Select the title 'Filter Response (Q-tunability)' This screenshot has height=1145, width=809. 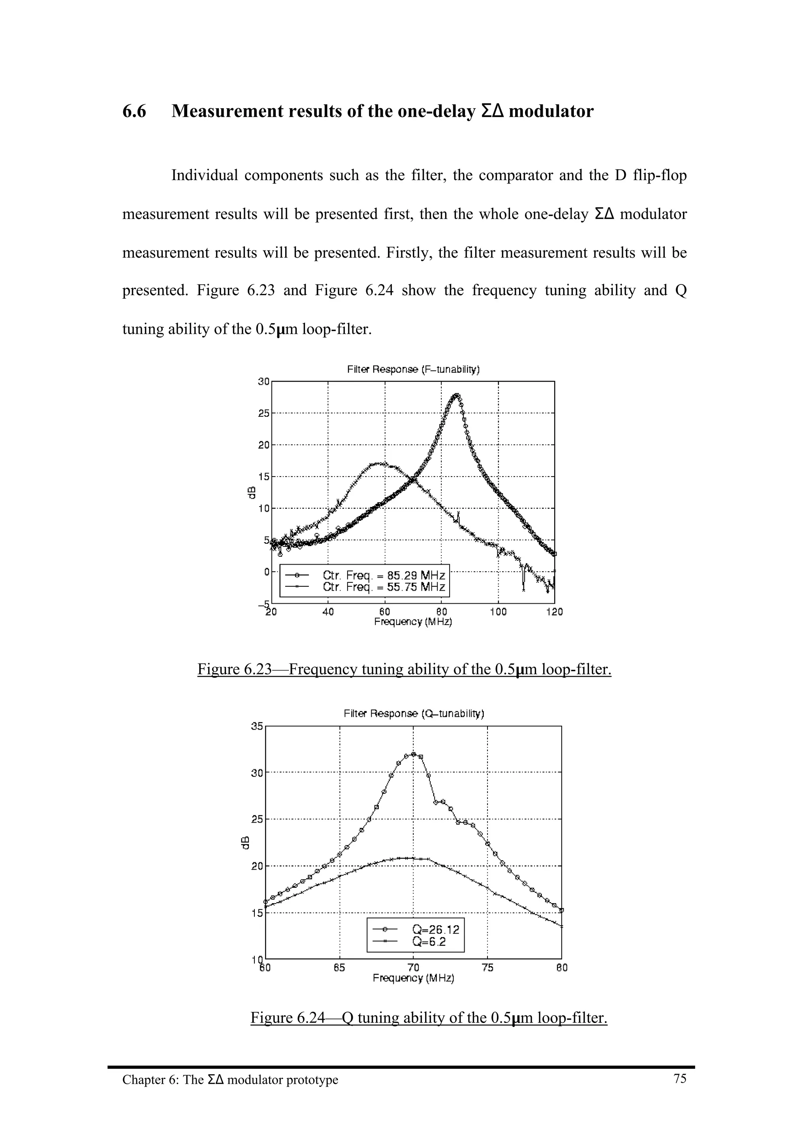[x=414, y=714]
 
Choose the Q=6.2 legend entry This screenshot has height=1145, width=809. [x=429, y=942]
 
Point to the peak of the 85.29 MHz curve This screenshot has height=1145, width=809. [x=457, y=395]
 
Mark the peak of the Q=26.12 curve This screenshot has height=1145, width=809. [x=413, y=755]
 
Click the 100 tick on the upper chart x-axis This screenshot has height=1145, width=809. [x=498, y=612]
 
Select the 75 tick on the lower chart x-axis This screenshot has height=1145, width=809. [x=487, y=968]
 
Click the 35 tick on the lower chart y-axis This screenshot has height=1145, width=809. [x=257, y=727]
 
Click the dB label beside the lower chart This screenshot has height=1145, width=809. [x=245, y=842]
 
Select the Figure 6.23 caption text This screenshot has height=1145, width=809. [x=404, y=669]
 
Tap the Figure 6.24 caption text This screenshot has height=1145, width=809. [x=429, y=1017]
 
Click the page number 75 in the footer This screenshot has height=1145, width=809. [x=680, y=1079]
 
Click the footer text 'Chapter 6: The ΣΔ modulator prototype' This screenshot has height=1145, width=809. [x=230, y=1080]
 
